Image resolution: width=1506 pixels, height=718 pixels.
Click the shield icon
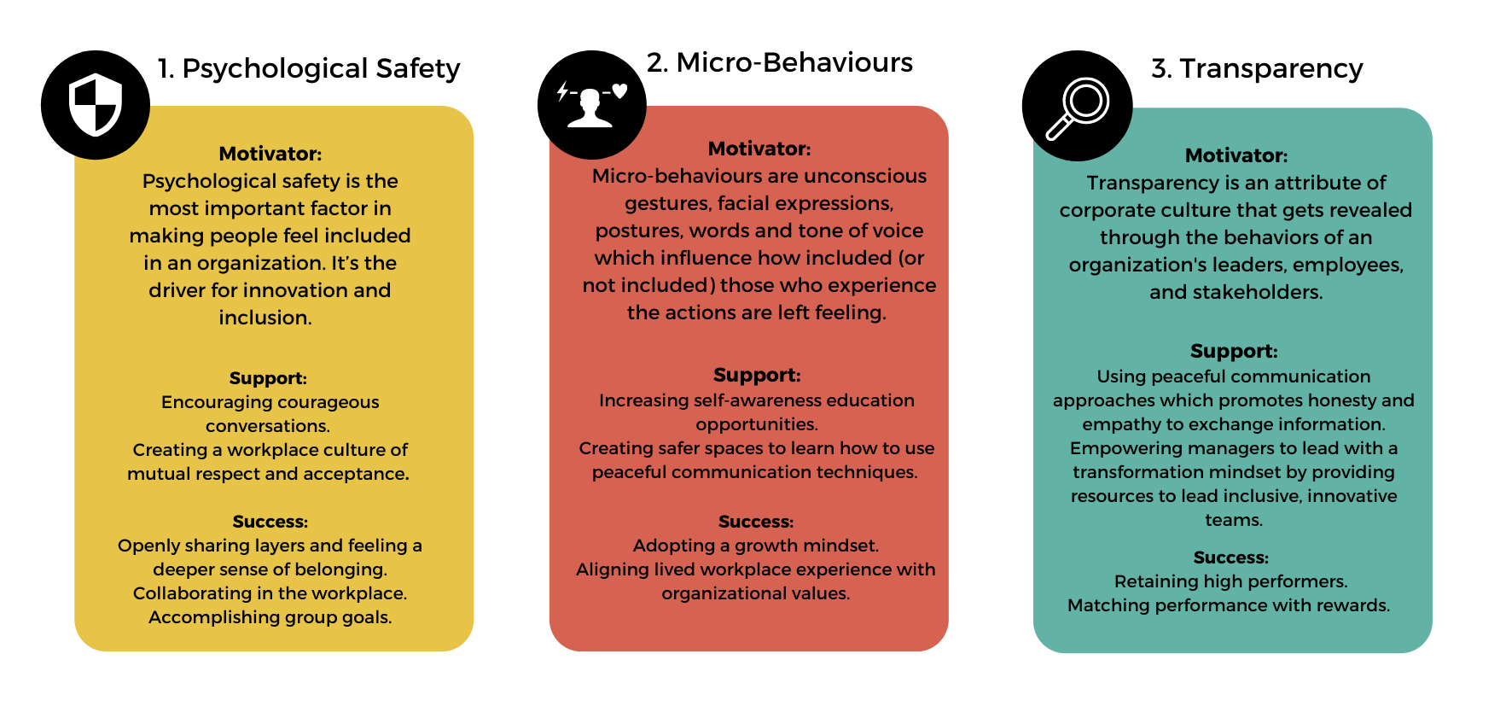point(96,104)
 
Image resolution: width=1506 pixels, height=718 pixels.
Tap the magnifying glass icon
point(1078,108)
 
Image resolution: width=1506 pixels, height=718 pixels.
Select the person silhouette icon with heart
point(591,104)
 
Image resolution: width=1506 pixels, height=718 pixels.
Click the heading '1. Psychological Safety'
point(309,68)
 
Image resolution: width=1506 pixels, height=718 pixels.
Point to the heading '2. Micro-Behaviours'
point(780,62)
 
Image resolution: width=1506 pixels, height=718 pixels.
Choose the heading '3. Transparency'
point(1257,68)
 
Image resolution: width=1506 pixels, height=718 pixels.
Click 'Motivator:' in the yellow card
point(270,154)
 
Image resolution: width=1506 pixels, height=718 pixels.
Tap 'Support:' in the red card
point(757,375)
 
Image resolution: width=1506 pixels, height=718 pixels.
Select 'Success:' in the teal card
point(1231,557)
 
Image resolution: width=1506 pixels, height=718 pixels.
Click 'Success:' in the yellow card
point(270,522)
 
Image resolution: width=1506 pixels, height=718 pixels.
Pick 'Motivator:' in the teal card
point(1236,155)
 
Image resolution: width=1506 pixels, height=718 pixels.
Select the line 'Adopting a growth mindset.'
point(756,546)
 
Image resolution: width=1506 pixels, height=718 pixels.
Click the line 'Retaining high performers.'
point(1231,581)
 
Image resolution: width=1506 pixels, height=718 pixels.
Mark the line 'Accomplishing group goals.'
point(270,617)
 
